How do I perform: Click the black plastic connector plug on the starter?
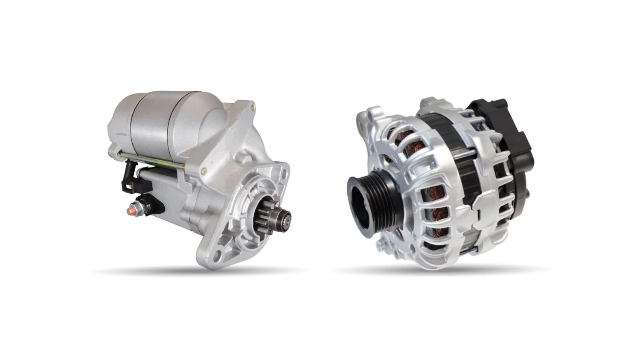tap(128, 180)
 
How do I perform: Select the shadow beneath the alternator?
tap(444, 270)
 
